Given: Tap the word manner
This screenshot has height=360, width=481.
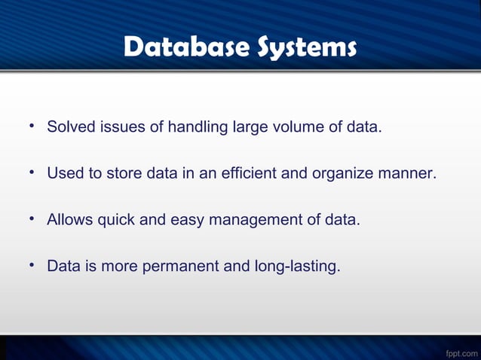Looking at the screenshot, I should pos(408,174).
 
